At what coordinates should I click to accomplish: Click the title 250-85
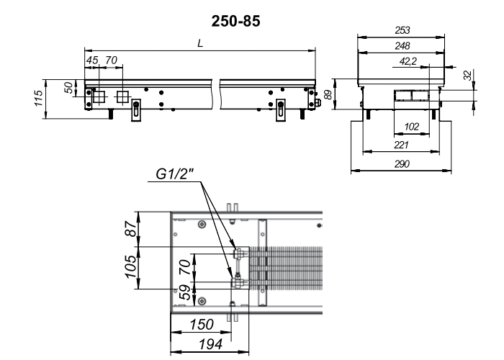235,22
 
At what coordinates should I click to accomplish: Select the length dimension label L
200,43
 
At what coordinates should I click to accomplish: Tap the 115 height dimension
38,99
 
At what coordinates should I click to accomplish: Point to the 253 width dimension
402,30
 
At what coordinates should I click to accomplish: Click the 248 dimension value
402,45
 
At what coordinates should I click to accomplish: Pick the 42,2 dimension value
408,61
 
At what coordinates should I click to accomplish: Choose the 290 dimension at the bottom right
402,164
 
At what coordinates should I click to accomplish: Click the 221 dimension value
401,145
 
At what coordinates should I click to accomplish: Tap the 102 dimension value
411,127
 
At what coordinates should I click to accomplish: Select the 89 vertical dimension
328,94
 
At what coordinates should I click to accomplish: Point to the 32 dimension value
469,75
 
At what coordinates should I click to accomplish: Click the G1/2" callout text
175,174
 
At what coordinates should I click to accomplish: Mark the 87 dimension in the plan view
131,228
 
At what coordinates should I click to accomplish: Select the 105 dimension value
130,266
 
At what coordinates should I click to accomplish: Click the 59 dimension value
184,292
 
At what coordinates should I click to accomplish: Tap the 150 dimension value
202,324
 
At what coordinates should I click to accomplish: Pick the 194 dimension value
210,344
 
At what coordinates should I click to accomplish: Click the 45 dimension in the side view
92,60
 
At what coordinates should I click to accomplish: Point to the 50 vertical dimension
68,87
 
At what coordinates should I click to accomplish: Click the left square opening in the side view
99,96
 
